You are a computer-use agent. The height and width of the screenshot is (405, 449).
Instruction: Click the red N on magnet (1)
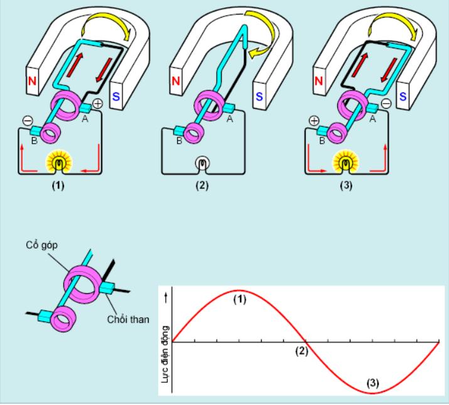tap(33, 81)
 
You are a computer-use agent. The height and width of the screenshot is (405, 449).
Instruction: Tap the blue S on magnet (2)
tap(259, 97)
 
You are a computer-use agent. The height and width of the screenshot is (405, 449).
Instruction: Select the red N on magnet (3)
tap(319, 81)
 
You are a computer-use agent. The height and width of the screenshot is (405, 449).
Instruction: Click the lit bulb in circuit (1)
tap(59, 163)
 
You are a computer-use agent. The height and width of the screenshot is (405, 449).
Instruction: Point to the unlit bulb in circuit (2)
tap(202, 163)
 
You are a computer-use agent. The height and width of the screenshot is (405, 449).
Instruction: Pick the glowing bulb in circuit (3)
tap(345, 163)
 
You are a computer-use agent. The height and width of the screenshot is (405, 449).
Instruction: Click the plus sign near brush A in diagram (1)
tap(98, 104)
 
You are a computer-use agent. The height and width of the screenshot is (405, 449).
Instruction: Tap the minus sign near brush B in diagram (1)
tap(28, 121)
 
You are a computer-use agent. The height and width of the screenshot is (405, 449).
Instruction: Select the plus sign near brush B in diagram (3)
tap(315, 121)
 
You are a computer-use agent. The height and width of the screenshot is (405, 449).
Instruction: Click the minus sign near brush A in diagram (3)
tap(386, 104)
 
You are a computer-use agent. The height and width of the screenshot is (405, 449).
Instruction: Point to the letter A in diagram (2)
tap(230, 119)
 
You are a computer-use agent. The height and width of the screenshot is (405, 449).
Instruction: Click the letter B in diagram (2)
tap(179, 141)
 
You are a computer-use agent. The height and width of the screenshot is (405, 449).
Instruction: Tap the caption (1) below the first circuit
tap(58, 186)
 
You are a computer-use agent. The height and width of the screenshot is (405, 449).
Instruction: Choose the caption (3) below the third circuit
tap(346, 186)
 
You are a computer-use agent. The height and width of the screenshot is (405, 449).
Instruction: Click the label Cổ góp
tap(42, 245)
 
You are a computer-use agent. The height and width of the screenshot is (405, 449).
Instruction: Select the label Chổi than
tap(128, 319)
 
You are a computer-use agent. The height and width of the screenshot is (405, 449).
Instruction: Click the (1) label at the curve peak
tap(240, 300)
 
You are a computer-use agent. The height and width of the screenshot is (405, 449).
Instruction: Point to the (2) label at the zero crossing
tap(302, 351)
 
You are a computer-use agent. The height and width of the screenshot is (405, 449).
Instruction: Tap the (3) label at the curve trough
tap(373, 383)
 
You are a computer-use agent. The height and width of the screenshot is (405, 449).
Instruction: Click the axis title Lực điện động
tap(165, 354)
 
